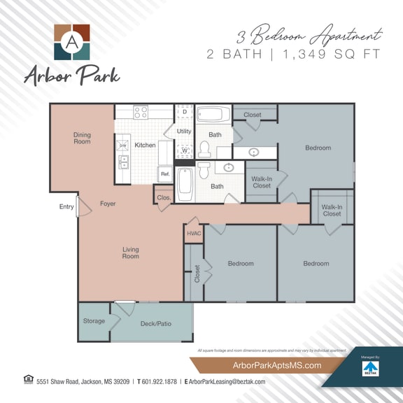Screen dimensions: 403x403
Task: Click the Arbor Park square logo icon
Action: [72, 42]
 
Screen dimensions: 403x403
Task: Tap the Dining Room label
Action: [82, 139]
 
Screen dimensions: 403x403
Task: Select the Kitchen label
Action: [145, 146]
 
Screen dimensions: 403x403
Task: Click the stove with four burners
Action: [141, 112]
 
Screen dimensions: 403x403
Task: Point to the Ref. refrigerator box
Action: [165, 174]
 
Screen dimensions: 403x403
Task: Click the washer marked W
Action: [184, 150]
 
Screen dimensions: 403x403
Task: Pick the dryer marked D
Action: [184, 112]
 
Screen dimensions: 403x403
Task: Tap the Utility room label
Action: [184, 131]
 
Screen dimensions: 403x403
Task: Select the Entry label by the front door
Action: [66, 206]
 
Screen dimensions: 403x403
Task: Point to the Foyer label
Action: [108, 204]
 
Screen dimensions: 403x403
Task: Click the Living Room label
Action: [131, 253]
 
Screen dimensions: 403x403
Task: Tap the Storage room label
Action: [94, 321]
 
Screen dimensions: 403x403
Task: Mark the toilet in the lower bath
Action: [204, 170]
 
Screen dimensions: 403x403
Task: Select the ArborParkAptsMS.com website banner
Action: [267, 365]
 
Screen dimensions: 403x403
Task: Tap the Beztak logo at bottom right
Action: [370, 369]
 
